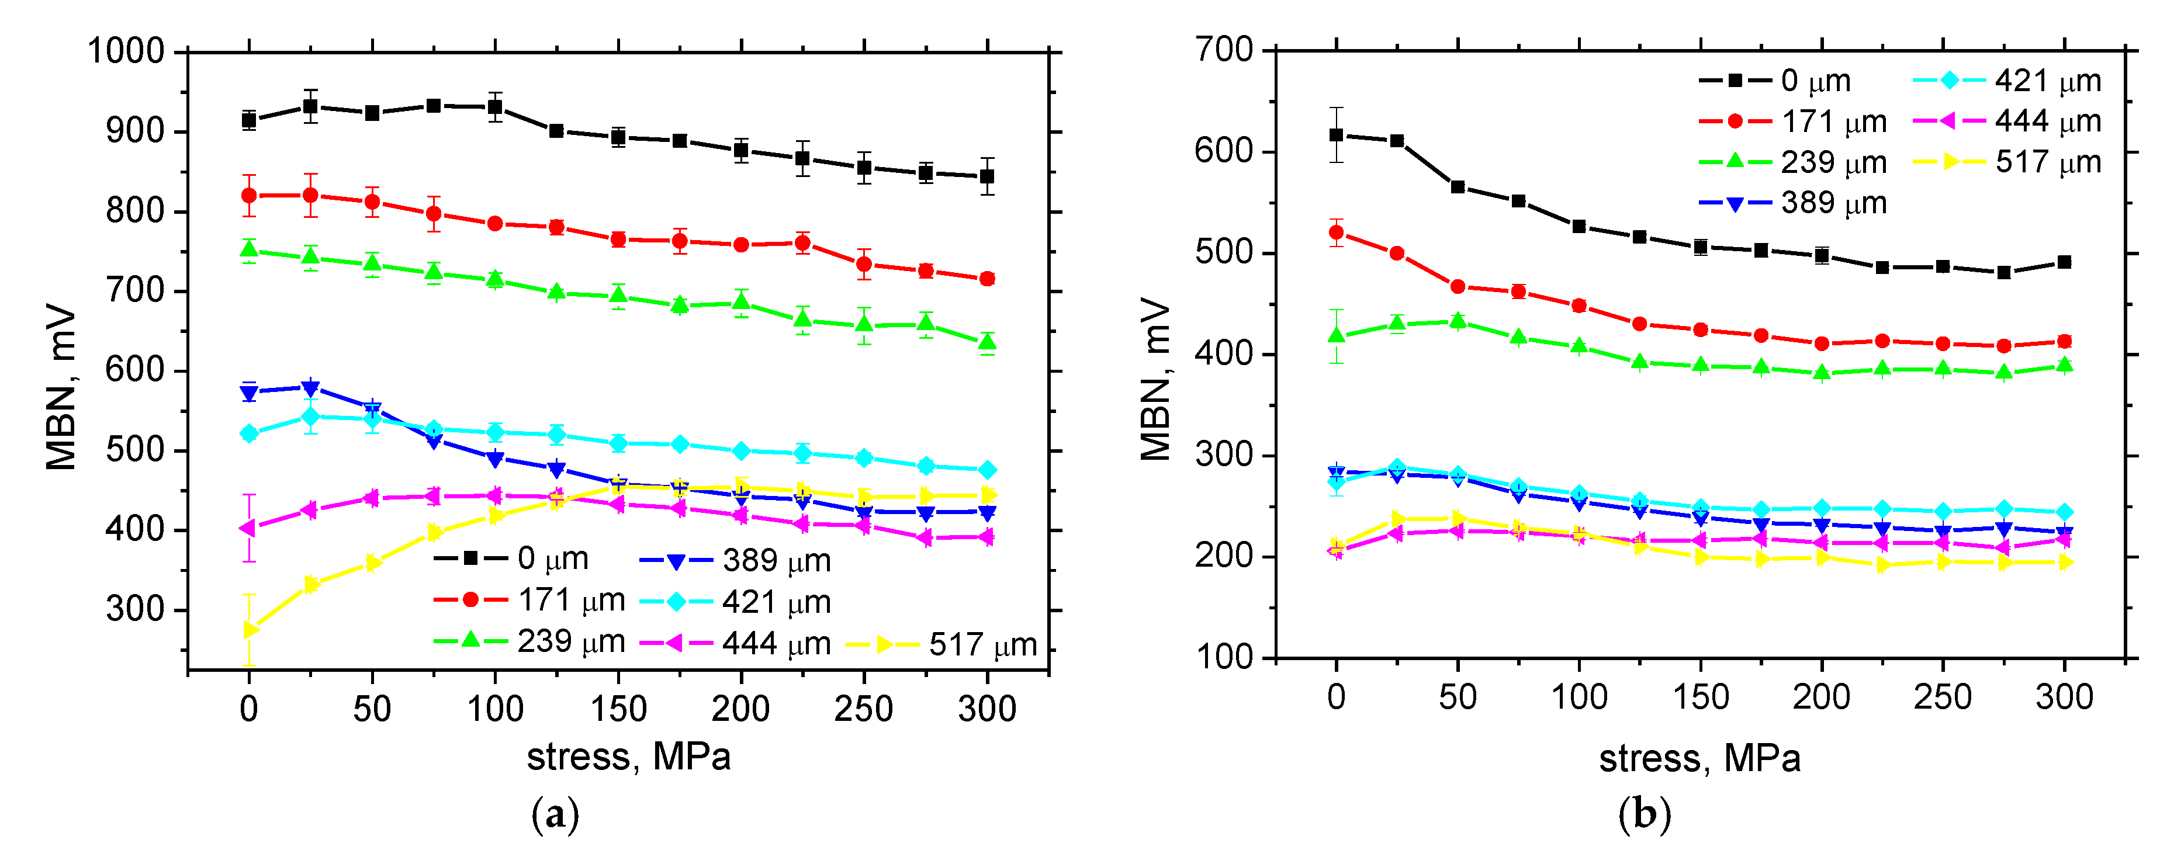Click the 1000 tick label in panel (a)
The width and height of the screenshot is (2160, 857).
point(126,51)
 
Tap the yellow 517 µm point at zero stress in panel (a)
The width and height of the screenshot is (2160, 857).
point(249,629)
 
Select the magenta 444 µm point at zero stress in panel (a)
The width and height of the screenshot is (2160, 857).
point(248,528)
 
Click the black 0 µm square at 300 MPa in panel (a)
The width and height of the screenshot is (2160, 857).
point(987,176)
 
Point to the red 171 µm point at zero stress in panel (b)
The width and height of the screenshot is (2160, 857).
point(1337,233)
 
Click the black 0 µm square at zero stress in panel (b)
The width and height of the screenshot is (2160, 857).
point(1337,135)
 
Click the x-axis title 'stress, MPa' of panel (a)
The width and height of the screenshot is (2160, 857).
point(628,757)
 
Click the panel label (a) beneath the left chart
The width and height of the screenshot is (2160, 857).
point(555,814)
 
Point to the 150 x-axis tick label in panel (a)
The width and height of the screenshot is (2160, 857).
point(618,709)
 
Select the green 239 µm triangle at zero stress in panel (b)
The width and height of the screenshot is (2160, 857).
point(1337,335)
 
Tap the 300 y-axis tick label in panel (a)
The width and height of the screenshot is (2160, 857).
point(135,609)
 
